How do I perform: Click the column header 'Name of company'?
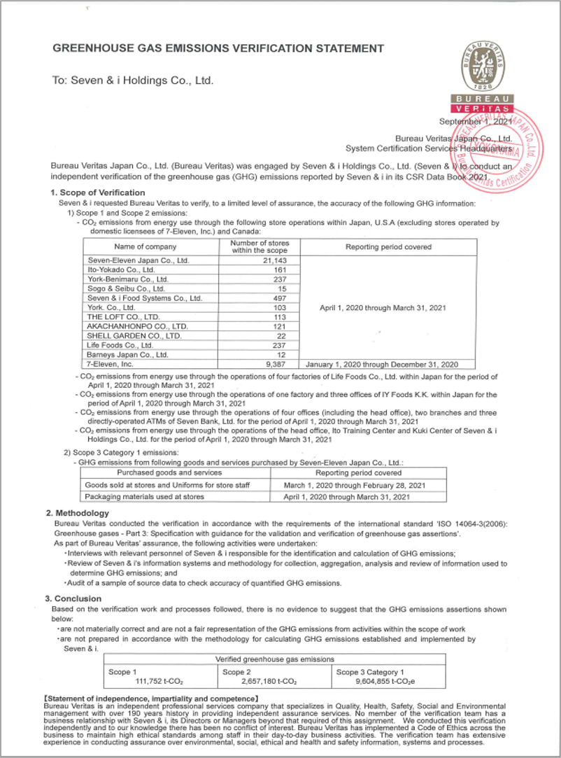click(x=145, y=246)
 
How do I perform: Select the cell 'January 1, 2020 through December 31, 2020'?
click(x=382, y=364)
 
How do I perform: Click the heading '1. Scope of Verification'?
click(x=98, y=192)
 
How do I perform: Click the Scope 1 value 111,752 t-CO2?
click(x=162, y=681)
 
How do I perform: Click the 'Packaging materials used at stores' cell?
click(x=144, y=496)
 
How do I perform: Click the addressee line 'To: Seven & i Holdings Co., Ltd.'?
click(x=133, y=80)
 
